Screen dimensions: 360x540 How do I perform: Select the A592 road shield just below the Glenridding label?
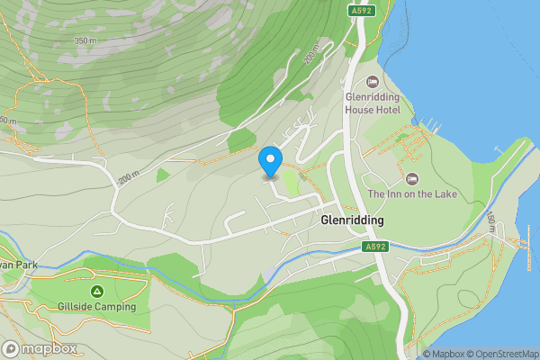click(x=375, y=246)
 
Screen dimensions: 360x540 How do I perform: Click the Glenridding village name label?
click(x=352, y=220)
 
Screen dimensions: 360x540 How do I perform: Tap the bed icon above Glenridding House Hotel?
click(x=373, y=81)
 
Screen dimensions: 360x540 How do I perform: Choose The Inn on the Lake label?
click(x=412, y=194)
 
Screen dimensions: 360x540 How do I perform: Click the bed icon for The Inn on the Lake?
click(x=412, y=177)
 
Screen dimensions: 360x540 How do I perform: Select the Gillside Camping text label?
click(x=96, y=307)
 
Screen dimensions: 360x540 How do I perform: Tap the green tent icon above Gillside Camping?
click(x=96, y=290)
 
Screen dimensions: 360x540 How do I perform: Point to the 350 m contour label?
click(x=85, y=41)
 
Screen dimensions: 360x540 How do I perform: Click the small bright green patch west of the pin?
click(x=163, y=175)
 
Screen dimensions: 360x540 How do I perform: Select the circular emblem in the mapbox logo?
click(x=11, y=348)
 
